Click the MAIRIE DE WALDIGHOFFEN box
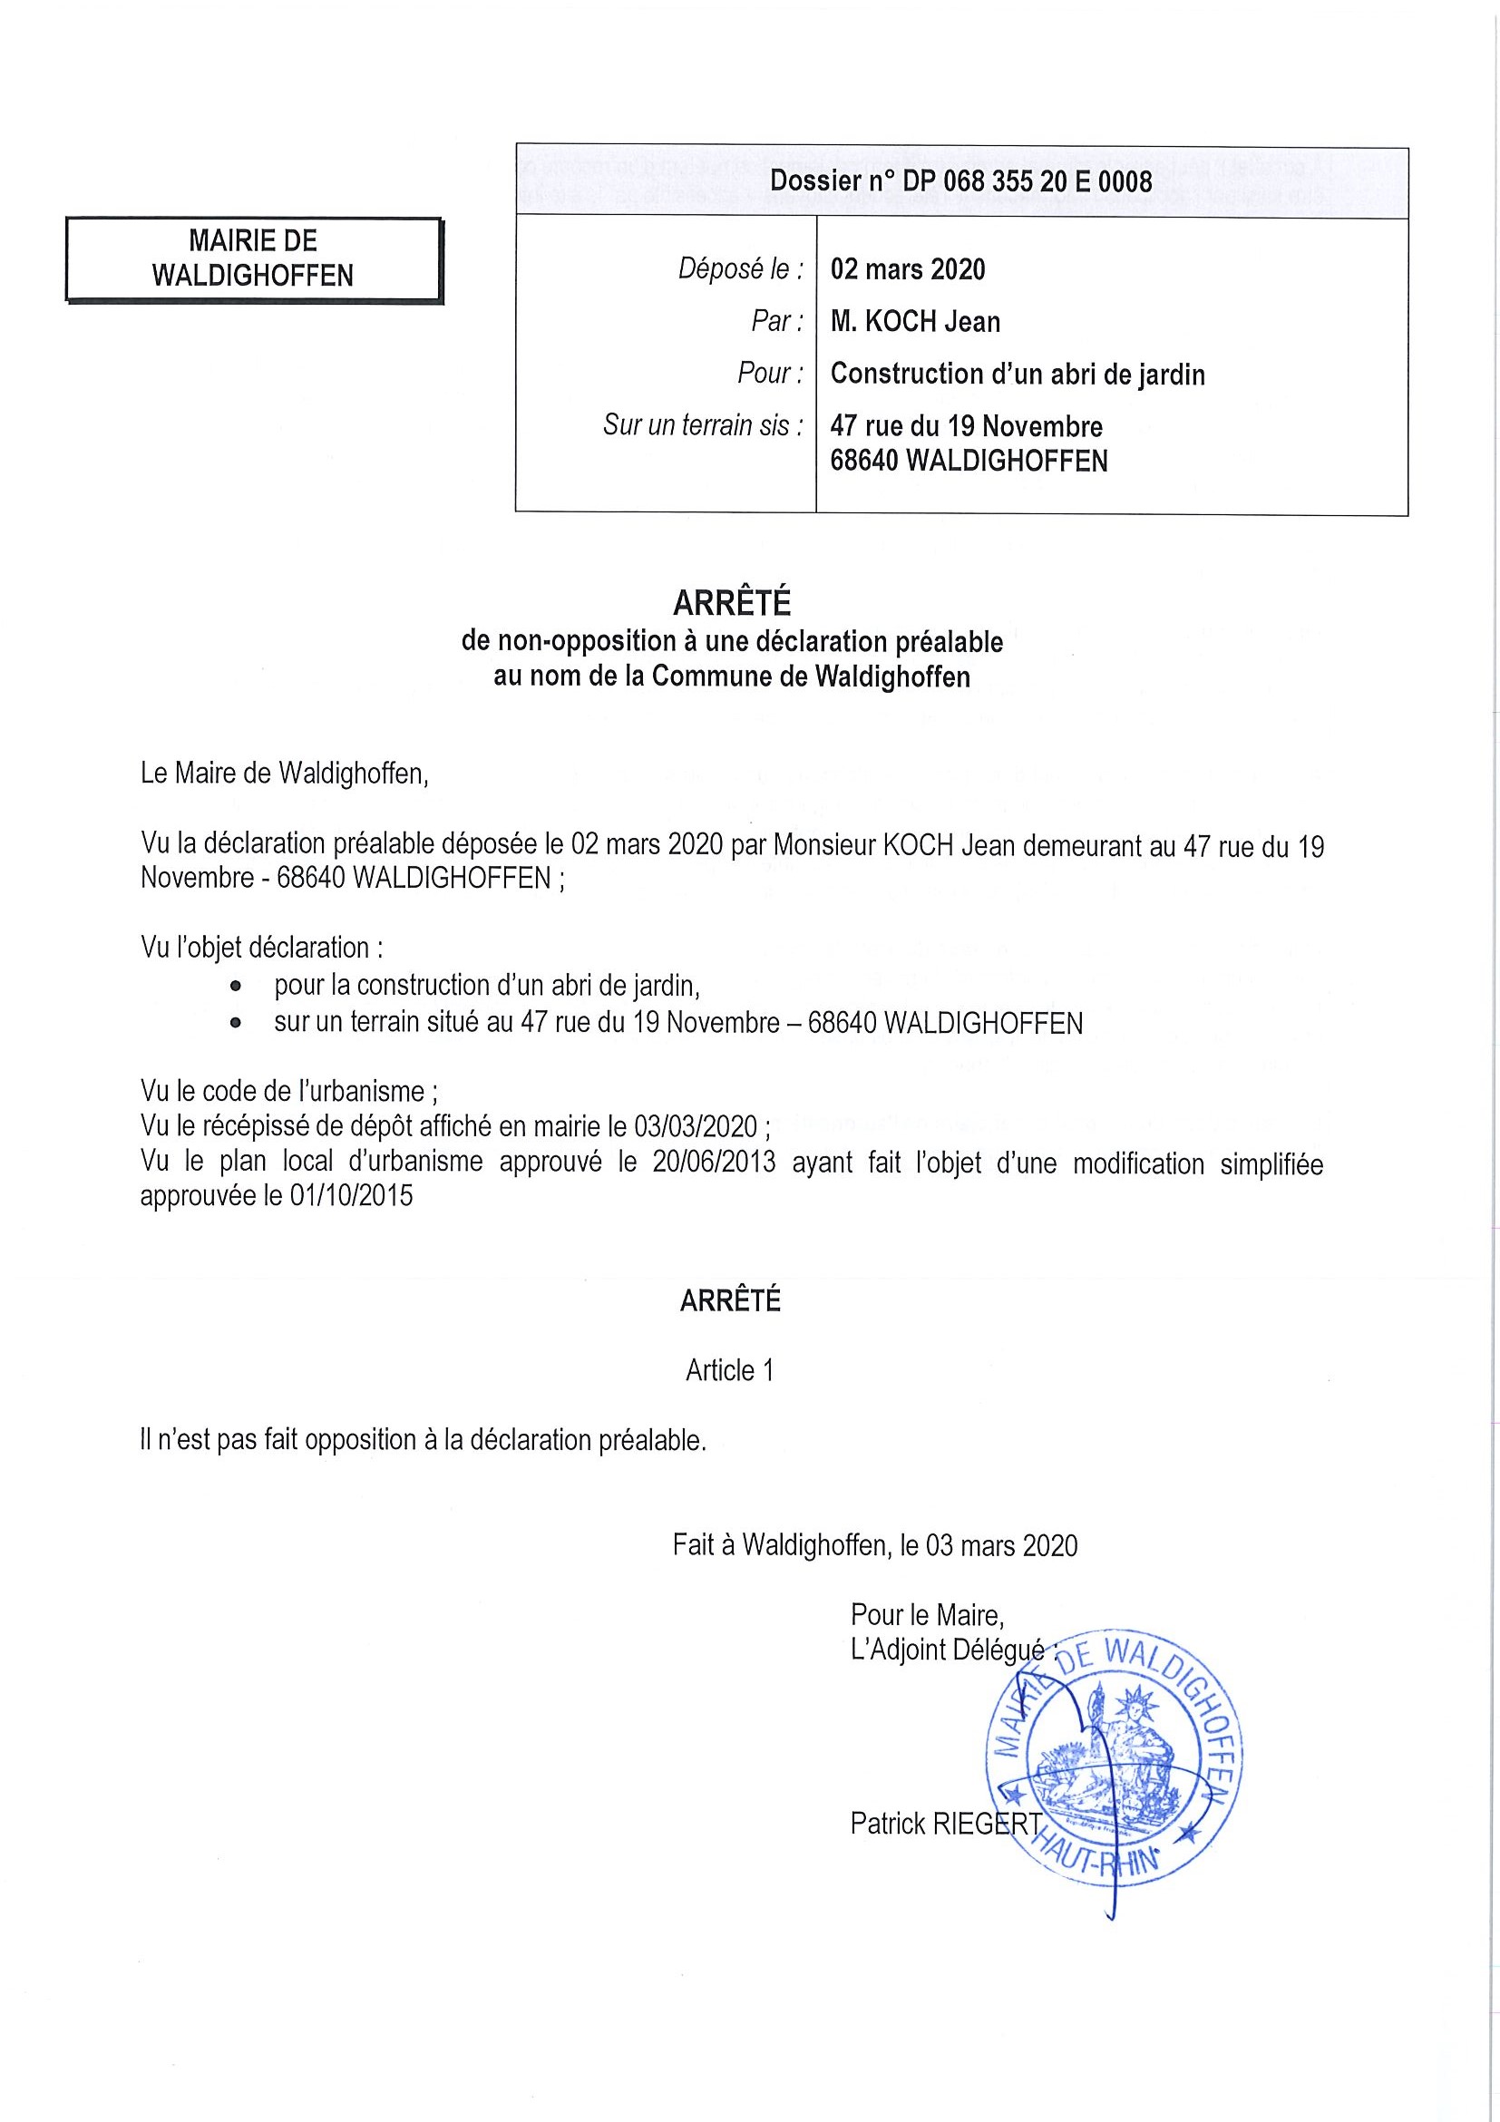point(253,258)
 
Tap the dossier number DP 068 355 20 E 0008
point(960,181)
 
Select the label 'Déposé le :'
point(740,269)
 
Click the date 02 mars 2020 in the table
point(908,269)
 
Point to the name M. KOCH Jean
point(915,322)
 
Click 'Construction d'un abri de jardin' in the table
point(1018,375)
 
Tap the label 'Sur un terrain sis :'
point(703,425)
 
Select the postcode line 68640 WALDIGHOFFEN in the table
point(969,461)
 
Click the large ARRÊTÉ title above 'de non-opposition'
point(731,604)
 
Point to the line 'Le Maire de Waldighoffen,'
point(285,773)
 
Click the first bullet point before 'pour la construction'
point(237,987)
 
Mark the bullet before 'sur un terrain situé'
point(237,1024)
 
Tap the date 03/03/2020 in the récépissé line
point(695,1126)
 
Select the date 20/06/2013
point(714,1162)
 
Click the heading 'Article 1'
point(729,1370)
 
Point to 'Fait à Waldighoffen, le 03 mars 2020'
point(874,1545)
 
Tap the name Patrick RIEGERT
point(946,1824)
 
